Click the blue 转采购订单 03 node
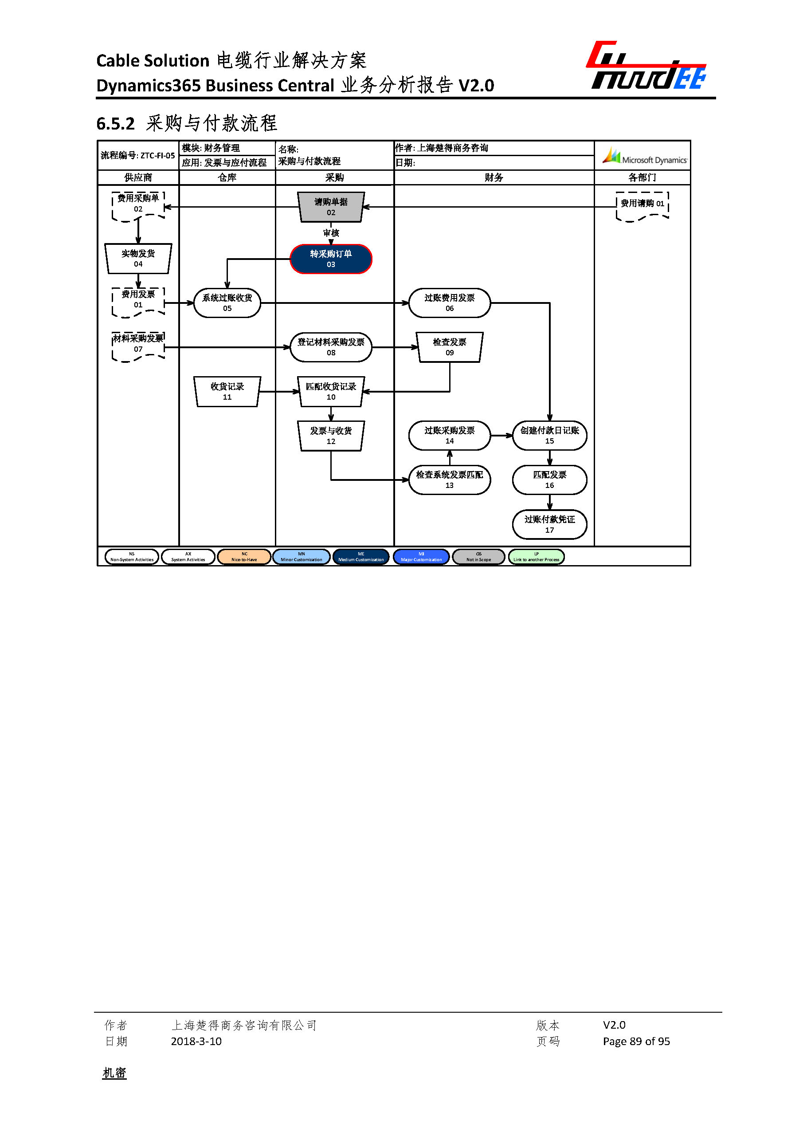coord(330,259)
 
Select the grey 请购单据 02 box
coord(330,207)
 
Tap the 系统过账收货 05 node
coord(227,303)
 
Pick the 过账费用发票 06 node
coord(449,303)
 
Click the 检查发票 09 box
coord(449,347)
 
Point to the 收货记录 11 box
coord(227,392)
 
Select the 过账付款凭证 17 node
coord(549,524)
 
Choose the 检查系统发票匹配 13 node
coord(449,480)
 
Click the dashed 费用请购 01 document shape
coord(642,205)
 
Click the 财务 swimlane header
coord(494,177)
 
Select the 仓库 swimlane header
coord(227,177)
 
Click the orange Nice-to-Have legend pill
coord(244,557)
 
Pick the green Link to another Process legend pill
coord(536,557)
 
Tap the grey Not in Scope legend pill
coord(478,557)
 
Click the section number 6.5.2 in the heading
coord(115,124)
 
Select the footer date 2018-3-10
coord(196,1041)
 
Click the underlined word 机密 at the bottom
coord(114,1073)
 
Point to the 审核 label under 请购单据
coord(330,233)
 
